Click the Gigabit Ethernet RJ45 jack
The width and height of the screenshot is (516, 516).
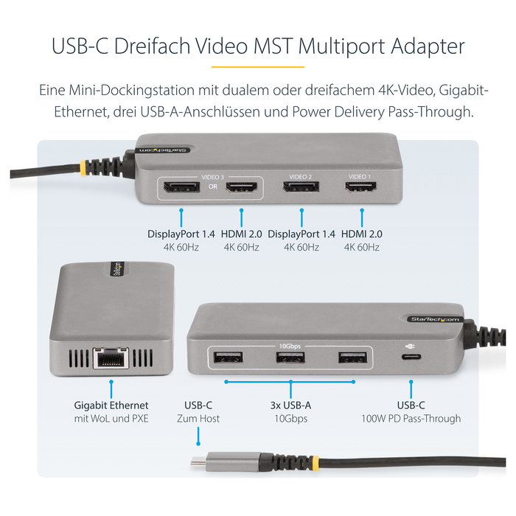click(x=111, y=357)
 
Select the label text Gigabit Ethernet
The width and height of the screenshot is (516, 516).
click(x=111, y=405)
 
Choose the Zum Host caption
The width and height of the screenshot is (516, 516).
click(x=198, y=419)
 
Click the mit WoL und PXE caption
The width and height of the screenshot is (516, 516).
click(x=111, y=419)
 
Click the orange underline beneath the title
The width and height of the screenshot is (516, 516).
click(x=257, y=66)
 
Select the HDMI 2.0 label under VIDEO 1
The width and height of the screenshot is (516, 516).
click(x=363, y=234)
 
